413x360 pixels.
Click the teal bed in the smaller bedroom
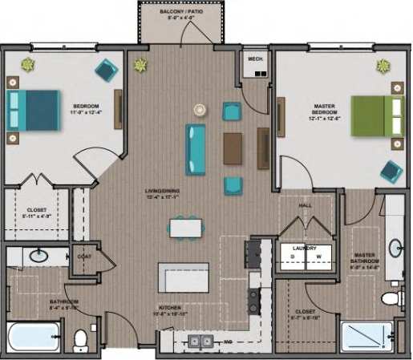[x=33, y=110]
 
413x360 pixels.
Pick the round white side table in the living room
[x=201, y=107]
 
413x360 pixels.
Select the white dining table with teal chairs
[x=185, y=229]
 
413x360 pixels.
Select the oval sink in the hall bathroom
[x=37, y=257]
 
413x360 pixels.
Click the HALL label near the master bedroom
[x=306, y=206]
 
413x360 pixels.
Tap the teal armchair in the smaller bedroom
[x=105, y=71]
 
